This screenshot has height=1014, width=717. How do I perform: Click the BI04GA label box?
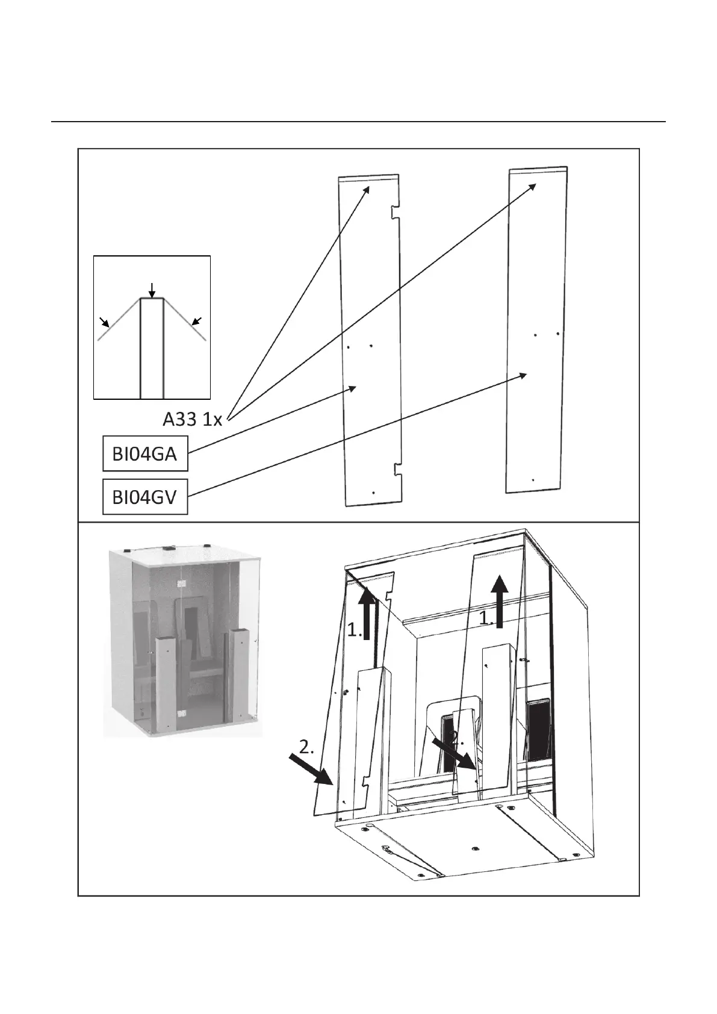144,453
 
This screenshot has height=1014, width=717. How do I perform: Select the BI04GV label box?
144,497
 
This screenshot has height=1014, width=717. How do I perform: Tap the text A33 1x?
193,419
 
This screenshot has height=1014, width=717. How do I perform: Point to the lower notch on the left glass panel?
397,470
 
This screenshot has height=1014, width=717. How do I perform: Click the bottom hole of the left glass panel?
373,493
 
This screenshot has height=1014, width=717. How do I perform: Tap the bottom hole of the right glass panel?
533,480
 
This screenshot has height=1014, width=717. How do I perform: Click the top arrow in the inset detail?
152,289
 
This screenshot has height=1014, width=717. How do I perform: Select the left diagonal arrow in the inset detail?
105,323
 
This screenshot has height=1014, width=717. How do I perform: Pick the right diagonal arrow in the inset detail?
196,321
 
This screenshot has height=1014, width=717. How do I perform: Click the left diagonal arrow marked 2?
312,769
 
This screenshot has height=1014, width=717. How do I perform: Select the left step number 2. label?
306,747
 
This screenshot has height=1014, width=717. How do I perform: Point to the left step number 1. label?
354,630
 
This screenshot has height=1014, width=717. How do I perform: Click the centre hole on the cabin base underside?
475,848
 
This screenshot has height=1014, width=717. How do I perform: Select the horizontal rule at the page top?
358,122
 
